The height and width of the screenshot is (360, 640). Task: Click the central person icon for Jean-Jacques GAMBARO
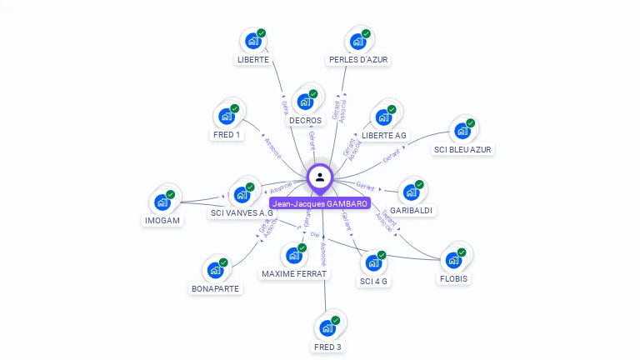pyautogui.click(x=320, y=177)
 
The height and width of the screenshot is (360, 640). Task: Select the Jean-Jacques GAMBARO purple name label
pyautogui.click(x=320, y=203)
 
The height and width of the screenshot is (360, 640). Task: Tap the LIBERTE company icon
pyautogui.click(x=252, y=42)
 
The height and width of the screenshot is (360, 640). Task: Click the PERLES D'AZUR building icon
pyautogui.click(x=357, y=42)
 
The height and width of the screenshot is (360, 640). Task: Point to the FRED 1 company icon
pyautogui.click(x=226, y=117)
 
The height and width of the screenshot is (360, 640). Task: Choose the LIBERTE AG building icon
pyautogui.click(x=383, y=117)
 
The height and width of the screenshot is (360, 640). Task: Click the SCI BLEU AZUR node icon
pyautogui.click(x=462, y=132)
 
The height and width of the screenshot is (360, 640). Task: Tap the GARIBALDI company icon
pyautogui.click(x=411, y=192)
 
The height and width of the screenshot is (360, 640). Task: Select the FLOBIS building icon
pyautogui.click(x=453, y=259)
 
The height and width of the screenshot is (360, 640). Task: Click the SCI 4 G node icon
pyautogui.click(x=373, y=263)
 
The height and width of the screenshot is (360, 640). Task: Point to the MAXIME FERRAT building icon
pyautogui.click(x=293, y=256)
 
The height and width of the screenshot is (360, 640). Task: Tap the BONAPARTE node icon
pyautogui.click(x=215, y=270)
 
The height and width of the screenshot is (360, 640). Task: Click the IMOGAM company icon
pyautogui.click(x=162, y=202)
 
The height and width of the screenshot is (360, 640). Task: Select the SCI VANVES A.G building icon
pyautogui.click(x=242, y=194)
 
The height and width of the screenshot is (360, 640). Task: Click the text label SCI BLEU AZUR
pyautogui.click(x=462, y=150)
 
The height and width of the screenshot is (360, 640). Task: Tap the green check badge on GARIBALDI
pyautogui.click(x=419, y=184)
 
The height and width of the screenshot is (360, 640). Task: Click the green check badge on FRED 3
pyautogui.click(x=336, y=320)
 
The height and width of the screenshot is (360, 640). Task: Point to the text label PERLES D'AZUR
pyautogui.click(x=358, y=60)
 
